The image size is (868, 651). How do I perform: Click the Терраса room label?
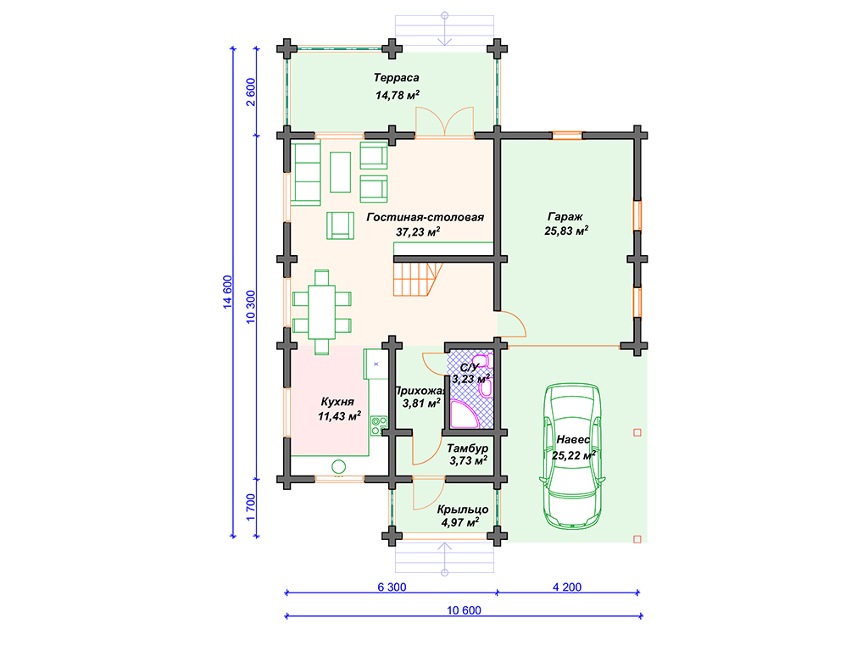[x=396, y=78]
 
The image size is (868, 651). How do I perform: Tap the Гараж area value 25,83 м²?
[x=565, y=231]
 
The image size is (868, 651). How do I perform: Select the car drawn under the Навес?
[x=572, y=456]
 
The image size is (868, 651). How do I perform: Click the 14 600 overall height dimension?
[x=227, y=292]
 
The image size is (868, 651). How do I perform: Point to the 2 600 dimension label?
[x=251, y=92]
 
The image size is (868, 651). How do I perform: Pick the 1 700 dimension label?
[x=251, y=507]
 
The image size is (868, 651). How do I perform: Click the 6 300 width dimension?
[x=392, y=587]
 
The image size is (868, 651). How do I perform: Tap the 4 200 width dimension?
[x=567, y=587]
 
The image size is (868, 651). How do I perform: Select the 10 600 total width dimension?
[x=464, y=610]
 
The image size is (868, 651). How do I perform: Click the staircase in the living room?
[x=418, y=279]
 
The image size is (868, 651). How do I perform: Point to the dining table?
[x=321, y=312]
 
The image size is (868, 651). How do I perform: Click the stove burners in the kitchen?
[x=379, y=426]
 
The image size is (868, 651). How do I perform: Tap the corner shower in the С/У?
[x=464, y=415]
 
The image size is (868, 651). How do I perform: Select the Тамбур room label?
[x=468, y=448]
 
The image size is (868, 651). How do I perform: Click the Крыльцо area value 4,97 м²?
[x=460, y=522]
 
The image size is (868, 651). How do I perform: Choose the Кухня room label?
[x=337, y=402]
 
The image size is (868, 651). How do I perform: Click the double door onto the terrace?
[x=444, y=121]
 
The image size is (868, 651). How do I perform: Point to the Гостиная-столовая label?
[x=426, y=217]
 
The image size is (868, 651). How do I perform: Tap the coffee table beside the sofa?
[x=341, y=172]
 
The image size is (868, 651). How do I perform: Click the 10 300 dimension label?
[x=251, y=307]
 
